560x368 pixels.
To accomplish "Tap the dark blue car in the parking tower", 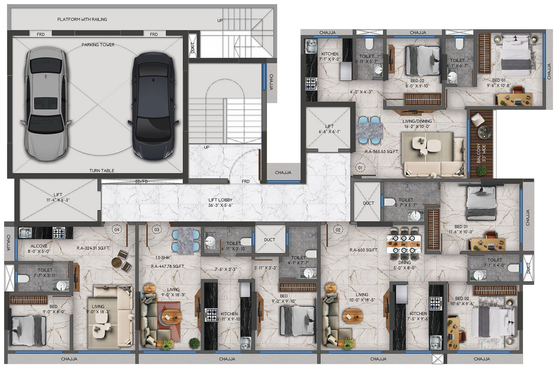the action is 153,106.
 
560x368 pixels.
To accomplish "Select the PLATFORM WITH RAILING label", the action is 82,19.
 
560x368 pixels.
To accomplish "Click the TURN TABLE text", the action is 102,171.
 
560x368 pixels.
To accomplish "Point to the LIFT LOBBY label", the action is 220,200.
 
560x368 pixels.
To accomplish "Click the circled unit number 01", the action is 360,167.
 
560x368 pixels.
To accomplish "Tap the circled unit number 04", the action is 116,229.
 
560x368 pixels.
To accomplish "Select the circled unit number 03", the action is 157,229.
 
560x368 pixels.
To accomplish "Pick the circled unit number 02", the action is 338,229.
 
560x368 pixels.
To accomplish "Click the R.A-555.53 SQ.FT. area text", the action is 382,151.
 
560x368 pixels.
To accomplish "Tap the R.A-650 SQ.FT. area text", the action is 364,250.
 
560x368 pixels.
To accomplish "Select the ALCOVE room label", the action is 39,246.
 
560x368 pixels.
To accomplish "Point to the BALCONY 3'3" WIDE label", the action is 481,153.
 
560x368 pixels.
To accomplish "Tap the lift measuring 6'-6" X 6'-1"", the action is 330,130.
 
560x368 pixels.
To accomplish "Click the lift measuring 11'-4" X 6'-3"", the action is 58,200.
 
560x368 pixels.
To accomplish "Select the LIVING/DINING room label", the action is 417,121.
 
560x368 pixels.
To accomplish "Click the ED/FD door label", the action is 141,181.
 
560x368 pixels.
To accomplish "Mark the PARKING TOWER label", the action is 98,45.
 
